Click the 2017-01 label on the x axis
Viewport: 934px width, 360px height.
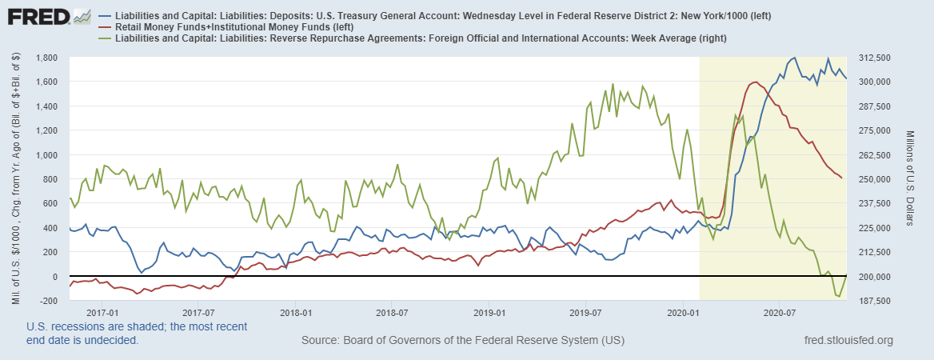pos(102,312)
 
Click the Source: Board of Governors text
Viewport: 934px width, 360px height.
pos(462,341)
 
